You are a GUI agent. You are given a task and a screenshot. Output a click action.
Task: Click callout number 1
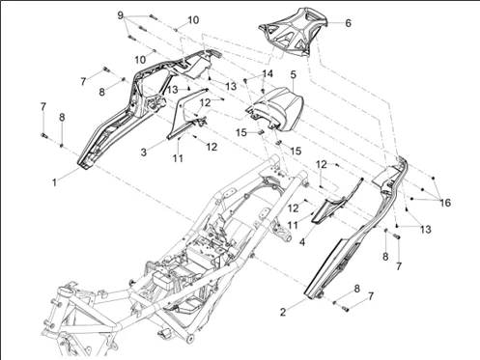pos(55,180)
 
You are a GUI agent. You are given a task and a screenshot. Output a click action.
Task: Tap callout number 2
pos(283,313)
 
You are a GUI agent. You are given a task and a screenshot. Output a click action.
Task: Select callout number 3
pos(143,152)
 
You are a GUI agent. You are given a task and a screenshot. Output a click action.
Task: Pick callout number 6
pos(348,21)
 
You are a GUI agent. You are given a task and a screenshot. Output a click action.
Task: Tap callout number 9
pos(122,16)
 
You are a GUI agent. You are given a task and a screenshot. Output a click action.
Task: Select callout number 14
pos(268,73)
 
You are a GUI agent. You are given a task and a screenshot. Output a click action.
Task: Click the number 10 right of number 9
pos(193,19)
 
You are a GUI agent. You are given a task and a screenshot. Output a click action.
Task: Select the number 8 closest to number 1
pos(62,117)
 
